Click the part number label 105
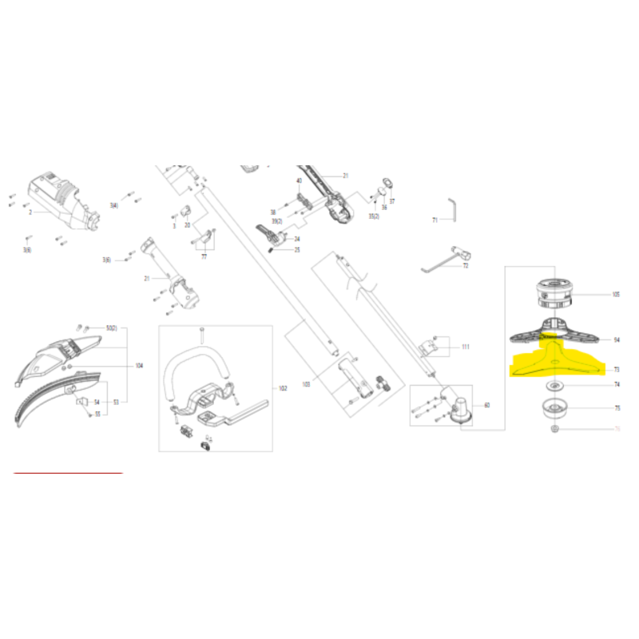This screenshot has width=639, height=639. [615, 294]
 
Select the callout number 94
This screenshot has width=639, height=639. [616, 339]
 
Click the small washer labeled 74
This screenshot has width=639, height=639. [551, 386]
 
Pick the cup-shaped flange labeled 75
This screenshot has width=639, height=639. [551, 408]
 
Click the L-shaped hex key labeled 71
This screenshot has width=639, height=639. [453, 209]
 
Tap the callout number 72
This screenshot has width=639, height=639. [465, 264]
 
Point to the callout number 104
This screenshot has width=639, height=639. [139, 365]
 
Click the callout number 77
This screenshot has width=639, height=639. [204, 258]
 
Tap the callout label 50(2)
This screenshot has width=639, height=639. [111, 328]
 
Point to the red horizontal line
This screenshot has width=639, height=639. [68, 473]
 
